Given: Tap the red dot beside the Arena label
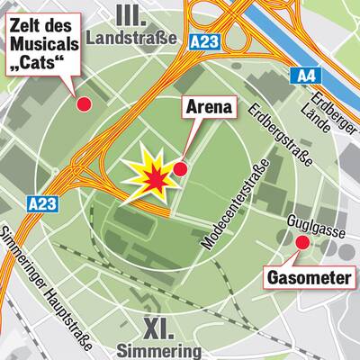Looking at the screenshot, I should tap(180, 168).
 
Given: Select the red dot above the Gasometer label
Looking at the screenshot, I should tap(301, 242).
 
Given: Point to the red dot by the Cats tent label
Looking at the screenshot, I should tap(85, 104).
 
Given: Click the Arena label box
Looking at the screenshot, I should tap(210, 109).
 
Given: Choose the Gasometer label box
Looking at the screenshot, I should tap(309, 277).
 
